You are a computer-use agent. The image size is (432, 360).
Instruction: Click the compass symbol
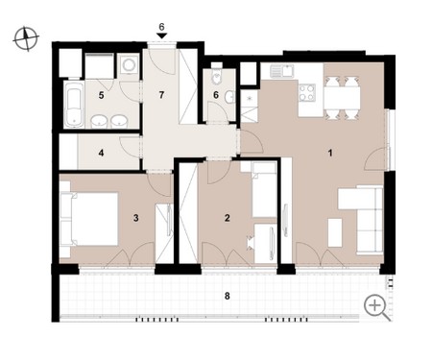coord(26,39)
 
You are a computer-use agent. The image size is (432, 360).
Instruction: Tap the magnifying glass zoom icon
coord(377,307)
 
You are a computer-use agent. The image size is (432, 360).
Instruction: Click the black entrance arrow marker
coord(161,36)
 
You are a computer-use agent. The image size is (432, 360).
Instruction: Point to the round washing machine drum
coord(129,64)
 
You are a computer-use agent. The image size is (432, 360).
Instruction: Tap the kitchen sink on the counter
coord(281,71)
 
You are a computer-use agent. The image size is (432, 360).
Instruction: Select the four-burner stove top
coord(307,92)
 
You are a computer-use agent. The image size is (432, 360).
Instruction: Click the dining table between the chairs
coord(342,98)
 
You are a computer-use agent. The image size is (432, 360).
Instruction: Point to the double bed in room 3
coord(93,219)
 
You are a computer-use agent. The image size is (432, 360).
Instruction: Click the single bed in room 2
coord(264,190)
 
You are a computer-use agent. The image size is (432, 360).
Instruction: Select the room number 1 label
coord(330,153)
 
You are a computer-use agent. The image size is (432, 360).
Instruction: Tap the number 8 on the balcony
coord(227,296)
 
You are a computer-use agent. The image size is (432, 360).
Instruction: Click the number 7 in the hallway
coord(161,95)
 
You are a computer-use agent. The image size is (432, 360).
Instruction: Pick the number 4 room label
coord(101,153)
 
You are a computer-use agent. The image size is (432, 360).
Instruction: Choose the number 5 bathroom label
coord(101,95)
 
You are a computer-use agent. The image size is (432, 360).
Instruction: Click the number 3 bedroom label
coord(136,218)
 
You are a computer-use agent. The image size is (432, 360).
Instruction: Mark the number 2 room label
coord(228,218)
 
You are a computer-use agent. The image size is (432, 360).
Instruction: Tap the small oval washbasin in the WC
coord(229,97)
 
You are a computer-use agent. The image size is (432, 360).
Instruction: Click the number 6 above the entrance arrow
coord(161,27)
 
